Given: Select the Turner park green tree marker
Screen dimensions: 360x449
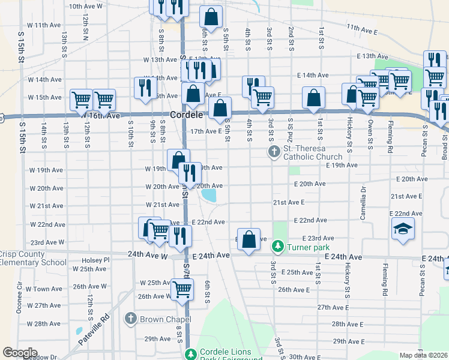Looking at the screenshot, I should click(277, 246).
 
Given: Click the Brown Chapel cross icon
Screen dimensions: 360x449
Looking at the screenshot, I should click(131, 319).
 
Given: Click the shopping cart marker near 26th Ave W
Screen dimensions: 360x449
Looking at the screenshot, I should click(182, 290).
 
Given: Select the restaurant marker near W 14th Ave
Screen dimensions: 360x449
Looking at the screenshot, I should click(144, 88).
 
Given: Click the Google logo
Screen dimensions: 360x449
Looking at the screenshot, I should click(20, 353).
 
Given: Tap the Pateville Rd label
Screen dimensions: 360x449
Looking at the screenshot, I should click(94, 331).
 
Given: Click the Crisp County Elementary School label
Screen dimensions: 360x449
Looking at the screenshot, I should click(33, 258).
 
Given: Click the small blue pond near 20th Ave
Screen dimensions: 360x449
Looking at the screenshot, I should click(209, 196).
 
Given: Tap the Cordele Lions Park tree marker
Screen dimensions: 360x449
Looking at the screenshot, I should click(191, 354).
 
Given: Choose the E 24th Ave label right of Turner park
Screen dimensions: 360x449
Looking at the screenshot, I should click(343, 257).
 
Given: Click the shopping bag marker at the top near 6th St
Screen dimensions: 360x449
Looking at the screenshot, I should click(211, 16).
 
